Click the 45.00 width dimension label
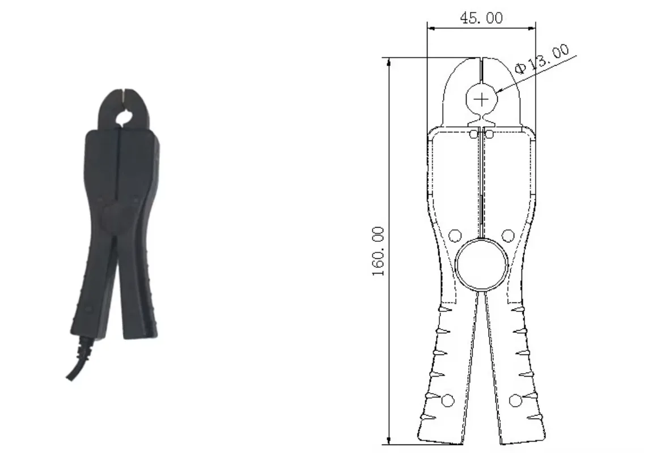pyautogui.click(x=481, y=18)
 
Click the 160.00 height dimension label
pyautogui.click(x=378, y=251)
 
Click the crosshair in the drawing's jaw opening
pyautogui.click(x=481, y=100)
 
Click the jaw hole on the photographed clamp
pyautogui.click(x=124, y=117)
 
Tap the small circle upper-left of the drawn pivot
pyautogui.click(x=454, y=234)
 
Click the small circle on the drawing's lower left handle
pyautogui.click(x=448, y=400)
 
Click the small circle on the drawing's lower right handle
pyautogui.click(x=515, y=400)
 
